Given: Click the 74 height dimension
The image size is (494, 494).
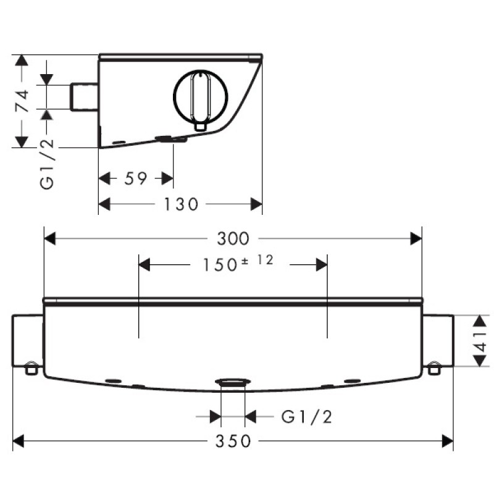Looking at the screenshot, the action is click(22, 101).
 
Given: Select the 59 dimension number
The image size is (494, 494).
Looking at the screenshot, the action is click(136, 178).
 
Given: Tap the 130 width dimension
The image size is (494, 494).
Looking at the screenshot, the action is click(181, 204).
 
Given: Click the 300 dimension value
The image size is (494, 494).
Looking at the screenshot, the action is click(233, 238).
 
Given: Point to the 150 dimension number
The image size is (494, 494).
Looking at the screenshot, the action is click(220, 265).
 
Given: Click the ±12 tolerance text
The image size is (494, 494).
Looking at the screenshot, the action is click(257, 261).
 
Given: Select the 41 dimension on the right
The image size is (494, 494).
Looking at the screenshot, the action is click(481, 341).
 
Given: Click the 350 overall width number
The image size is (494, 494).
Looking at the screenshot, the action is click(233, 441).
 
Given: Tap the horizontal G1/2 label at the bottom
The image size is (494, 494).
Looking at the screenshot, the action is click(306, 417).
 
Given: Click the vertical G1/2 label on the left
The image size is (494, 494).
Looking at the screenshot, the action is click(48, 164).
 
